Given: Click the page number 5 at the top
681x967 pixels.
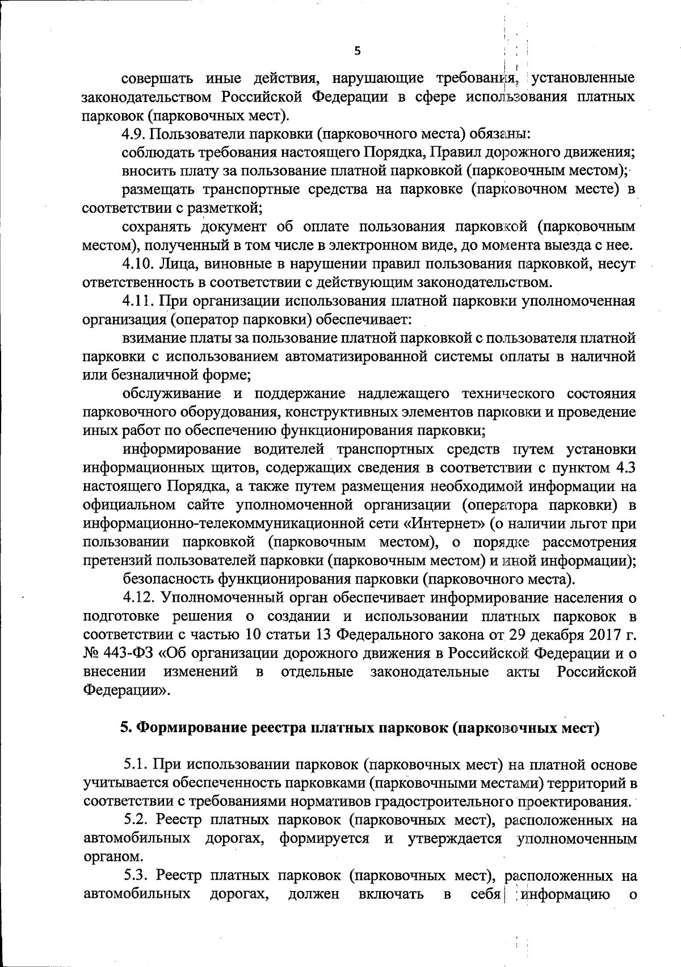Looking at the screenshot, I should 357,51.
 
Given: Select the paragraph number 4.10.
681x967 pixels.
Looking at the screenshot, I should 137,263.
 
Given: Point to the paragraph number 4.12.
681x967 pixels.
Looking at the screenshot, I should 137,598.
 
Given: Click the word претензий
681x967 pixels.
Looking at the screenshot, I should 116,561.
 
